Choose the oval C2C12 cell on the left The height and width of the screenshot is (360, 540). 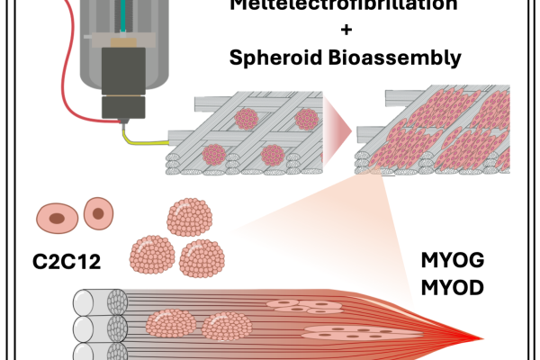(x=56, y=217)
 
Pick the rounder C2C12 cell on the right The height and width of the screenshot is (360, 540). (x=98, y=213)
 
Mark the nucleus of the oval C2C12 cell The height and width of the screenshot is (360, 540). (x=58, y=218)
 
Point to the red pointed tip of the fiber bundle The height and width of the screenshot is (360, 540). (x=481, y=340)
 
